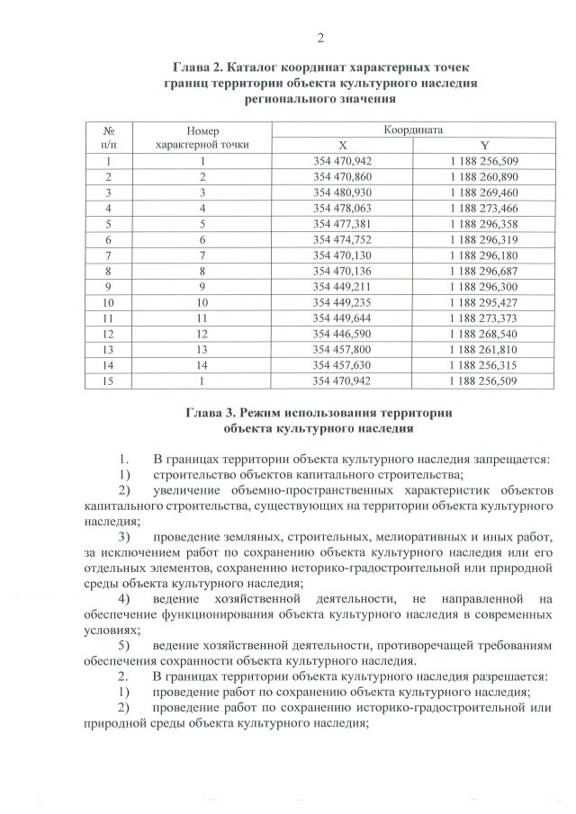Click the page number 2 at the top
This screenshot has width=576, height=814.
point(319,37)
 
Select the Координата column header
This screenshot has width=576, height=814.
point(413,130)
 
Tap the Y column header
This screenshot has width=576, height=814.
point(484,146)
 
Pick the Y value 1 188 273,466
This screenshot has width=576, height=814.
point(484,208)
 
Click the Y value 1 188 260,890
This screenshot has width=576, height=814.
point(484,177)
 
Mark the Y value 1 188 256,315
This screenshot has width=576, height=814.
point(484,365)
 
